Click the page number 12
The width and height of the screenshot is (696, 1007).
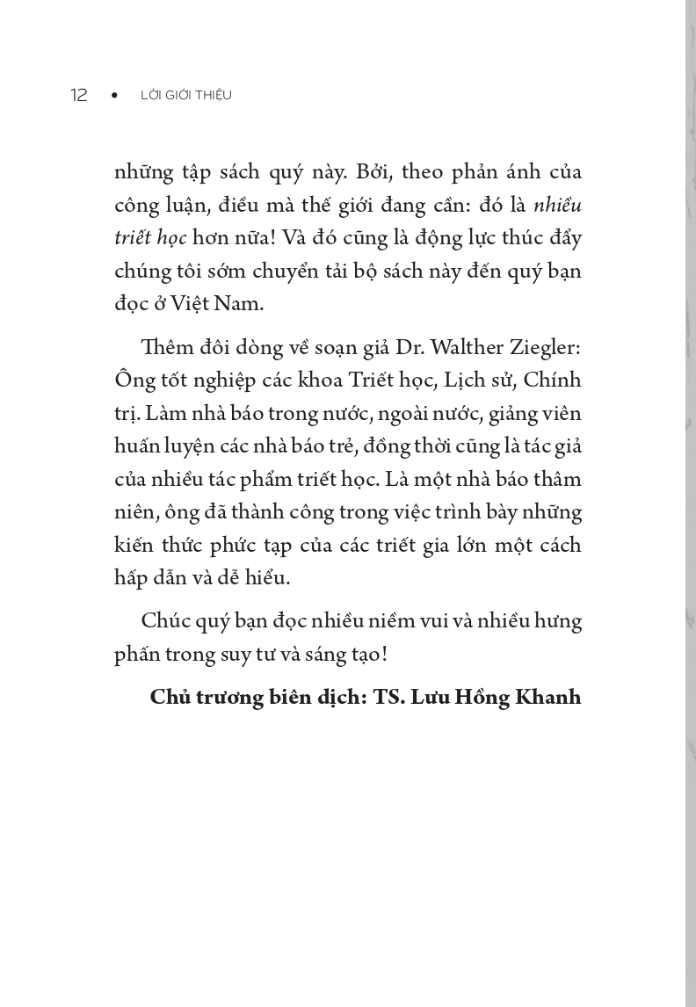point(79,95)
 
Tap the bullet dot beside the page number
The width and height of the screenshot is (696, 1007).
point(114,95)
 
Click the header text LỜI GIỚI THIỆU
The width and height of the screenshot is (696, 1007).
point(186,95)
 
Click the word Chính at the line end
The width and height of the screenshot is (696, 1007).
point(553,380)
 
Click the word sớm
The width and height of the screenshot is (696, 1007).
point(235,270)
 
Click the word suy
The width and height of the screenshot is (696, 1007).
point(228,655)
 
